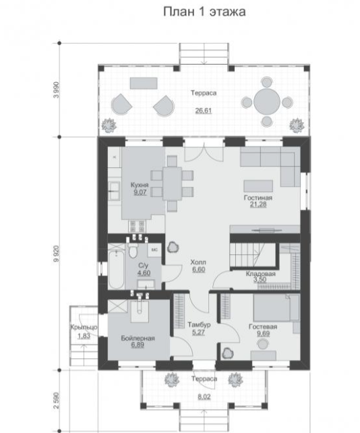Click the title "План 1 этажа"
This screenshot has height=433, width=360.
coord(204,12)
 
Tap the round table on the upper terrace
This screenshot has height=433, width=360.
coord(267,102)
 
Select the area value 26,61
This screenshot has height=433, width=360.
coord(204,111)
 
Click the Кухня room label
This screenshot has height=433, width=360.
coord(140,185)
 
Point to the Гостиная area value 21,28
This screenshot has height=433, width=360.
coord(258,204)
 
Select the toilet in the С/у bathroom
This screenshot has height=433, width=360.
coord(133,250)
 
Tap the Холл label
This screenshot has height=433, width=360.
coord(198,262)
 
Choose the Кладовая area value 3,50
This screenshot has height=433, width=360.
coord(260,279)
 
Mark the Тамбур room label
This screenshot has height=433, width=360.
coord(199,325)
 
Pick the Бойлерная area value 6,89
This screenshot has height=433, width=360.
coord(138,345)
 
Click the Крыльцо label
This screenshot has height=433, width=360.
coord(84,327)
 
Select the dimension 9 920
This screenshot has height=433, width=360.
coord(57,254)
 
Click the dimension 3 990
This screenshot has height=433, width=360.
coord(57,90)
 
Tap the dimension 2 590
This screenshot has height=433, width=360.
coord(57,401)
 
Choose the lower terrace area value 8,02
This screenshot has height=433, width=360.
coord(204,397)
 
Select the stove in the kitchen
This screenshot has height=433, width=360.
coord(138,227)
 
